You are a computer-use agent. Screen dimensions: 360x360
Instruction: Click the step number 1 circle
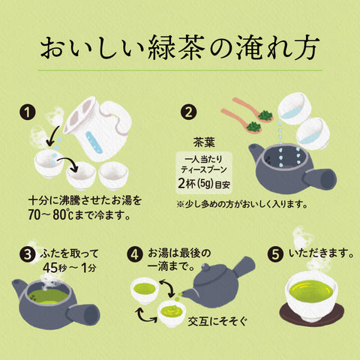[28, 112]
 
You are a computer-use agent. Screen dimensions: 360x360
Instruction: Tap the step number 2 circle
[189, 112]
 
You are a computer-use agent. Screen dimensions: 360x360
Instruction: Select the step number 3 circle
[28, 255]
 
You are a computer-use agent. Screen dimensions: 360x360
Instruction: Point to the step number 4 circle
[135, 255]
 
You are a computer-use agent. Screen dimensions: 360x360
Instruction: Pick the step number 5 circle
[276, 255]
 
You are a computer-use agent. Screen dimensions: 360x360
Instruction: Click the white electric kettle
[99, 127]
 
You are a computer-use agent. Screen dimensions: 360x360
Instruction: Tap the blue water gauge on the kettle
[94, 142]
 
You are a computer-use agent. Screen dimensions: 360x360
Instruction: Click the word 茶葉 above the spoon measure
[204, 142]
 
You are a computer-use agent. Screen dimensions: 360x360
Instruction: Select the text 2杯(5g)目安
[204, 184]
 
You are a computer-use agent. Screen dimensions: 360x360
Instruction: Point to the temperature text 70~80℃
[50, 215]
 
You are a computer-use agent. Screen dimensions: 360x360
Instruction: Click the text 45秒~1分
[70, 268]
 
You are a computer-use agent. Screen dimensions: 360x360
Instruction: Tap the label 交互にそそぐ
[217, 321]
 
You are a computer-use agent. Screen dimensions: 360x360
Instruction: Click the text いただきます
[322, 253]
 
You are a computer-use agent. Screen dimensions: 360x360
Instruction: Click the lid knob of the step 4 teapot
[205, 268]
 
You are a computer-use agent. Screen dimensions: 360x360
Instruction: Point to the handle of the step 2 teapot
[320, 178]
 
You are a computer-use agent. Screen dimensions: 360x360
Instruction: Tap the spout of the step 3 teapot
[18, 288]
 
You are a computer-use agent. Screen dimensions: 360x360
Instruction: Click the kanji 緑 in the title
[163, 47]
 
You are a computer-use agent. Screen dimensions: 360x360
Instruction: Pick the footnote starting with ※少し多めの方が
[242, 204]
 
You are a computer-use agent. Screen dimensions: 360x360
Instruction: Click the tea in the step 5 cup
[310, 291]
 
